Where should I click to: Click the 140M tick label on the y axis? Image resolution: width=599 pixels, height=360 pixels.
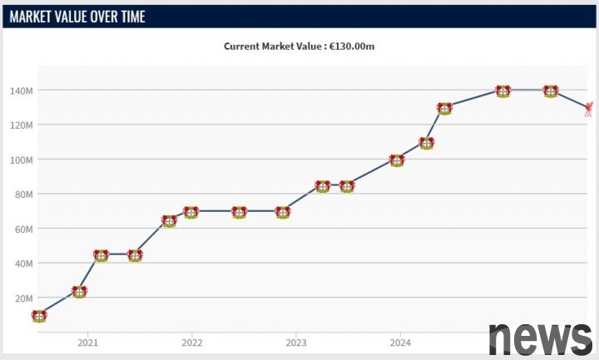pos(22,90)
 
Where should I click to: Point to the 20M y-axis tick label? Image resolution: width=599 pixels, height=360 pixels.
pos(23,298)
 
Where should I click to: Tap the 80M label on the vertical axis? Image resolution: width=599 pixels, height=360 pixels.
pos(23,194)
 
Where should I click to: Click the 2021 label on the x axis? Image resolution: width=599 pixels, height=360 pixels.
pos(87,343)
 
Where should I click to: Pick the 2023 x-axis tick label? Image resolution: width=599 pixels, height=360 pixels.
pos(296,343)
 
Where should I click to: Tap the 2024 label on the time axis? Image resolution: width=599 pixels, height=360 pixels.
pos(400,343)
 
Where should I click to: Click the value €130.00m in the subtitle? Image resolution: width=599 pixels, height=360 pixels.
pos(351,47)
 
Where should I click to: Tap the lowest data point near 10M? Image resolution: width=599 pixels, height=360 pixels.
pos(39,316)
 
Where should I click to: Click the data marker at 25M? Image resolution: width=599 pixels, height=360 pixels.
pos(79,292)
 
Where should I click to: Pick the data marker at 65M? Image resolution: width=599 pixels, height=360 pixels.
pos(169,221)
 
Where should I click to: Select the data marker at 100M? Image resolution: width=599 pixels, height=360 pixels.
pos(397,160)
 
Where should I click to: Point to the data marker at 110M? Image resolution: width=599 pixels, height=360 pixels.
pos(427,143)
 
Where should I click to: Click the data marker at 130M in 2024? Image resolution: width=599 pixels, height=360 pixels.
pos(444,108)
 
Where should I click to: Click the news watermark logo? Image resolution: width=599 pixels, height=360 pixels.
pos(540,337)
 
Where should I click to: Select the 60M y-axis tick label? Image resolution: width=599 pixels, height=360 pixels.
pos(23,228)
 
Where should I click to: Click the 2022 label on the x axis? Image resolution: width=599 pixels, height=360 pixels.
pos(192,343)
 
